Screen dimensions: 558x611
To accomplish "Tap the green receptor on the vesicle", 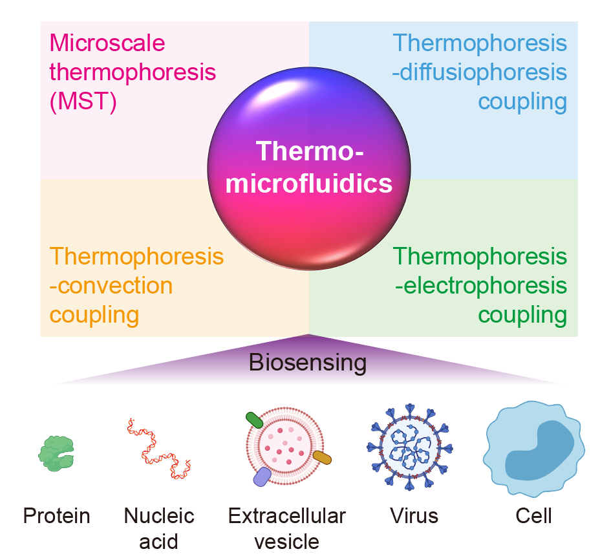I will (x=254, y=420).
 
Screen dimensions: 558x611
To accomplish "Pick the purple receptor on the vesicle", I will (x=262, y=477).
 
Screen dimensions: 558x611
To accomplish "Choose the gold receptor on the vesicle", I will (x=321, y=458).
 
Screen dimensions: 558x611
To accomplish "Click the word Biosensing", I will (x=308, y=363).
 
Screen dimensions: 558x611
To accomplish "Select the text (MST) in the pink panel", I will (x=83, y=102).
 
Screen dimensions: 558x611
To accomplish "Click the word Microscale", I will (x=107, y=43).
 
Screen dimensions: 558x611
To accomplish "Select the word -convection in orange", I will (x=111, y=285).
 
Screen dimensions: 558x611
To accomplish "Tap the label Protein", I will (x=57, y=516).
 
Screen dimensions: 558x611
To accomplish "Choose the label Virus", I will (x=414, y=516).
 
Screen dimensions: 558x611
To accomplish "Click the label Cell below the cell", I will (x=534, y=516).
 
